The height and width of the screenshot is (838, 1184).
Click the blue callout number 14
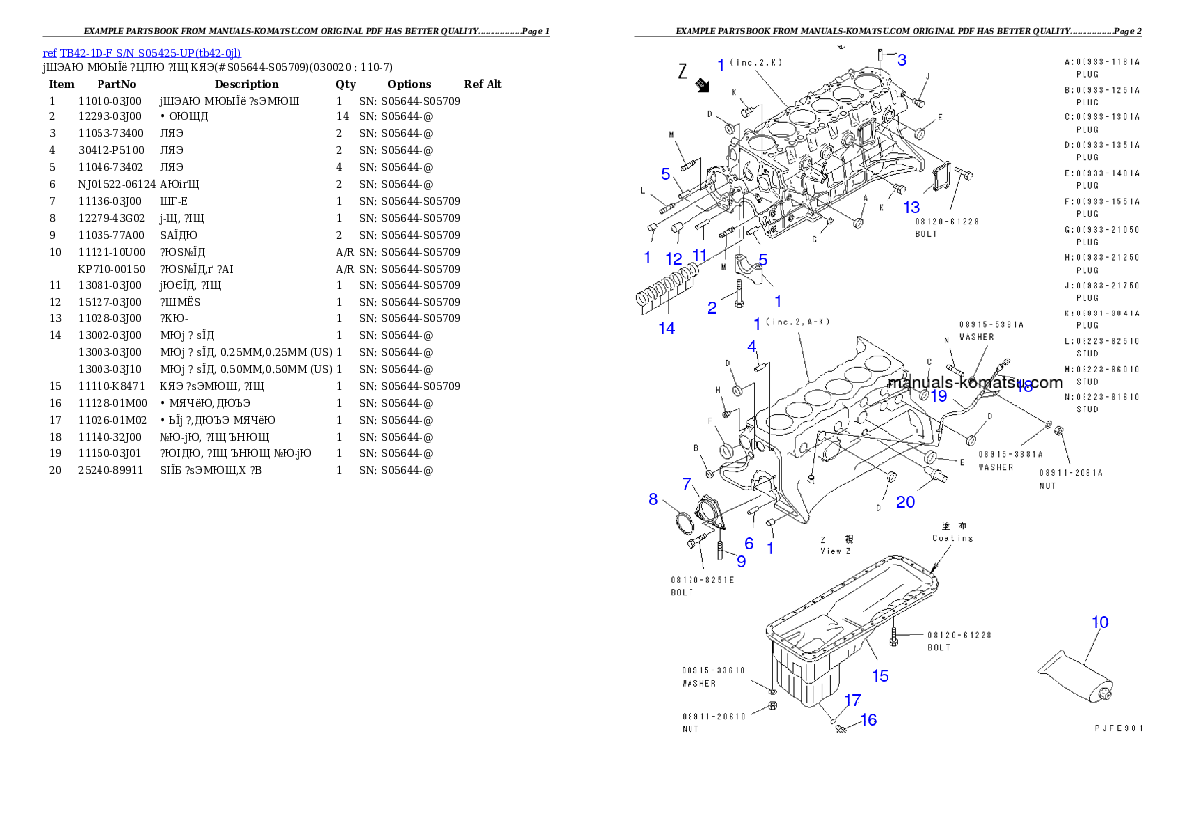pyautogui.click(x=667, y=328)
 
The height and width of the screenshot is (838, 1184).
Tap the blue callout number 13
pyautogui.click(x=911, y=207)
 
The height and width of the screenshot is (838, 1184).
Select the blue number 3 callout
pyautogui.click(x=901, y=60)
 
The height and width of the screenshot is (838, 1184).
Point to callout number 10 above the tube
pyautogui.click(x=1099, y=623)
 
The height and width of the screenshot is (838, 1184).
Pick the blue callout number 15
pyautogui.click(x=880, y=676)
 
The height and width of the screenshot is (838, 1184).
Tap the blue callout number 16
pyautogui.click(x=868, y=720)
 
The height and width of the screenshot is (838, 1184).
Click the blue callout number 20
pyautogui.click(x=905, y=502)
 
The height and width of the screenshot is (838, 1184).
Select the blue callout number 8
pyautogui.click(x=653, y=499)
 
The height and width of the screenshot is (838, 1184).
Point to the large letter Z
pyautogui.click(x=682, y=71)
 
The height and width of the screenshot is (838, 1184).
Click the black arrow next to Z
pyautogui.click(x=704, y=87)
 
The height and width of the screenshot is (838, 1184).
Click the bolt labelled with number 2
pyautogui.click(x=739, y=291)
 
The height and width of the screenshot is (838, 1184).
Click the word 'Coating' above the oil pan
pyautogui.click(x=953, y=539)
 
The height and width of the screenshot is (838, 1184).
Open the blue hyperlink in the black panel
pyautogui.click(x=142, y=53)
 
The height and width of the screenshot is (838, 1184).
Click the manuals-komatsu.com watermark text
pyautogui.click(x=974, y=383)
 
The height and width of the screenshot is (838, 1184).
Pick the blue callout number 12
pyautogui.click(x=674, y=259)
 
